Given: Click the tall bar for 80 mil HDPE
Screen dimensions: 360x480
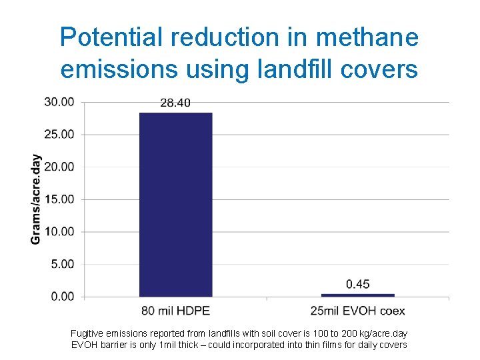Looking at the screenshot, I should (175, 204).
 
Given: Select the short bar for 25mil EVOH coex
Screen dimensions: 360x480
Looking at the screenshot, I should (357, 295).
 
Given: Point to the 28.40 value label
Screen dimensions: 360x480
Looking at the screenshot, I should (176, 103).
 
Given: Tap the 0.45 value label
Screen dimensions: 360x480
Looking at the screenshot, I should (358, 285).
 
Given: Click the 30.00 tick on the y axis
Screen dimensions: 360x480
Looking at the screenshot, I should (60, 102).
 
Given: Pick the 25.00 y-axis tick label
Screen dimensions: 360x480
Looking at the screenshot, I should (60, 135).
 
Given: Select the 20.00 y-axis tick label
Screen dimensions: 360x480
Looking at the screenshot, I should (60, 167).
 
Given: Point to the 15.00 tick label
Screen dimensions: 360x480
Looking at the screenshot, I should (60, 199).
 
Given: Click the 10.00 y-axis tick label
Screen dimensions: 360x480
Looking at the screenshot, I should (60, 231).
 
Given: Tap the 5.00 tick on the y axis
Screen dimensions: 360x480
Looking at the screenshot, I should (63, 264).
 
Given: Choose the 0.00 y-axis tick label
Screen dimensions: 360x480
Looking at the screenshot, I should (63, 296).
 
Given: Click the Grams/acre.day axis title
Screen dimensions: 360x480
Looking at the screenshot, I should (36, 199).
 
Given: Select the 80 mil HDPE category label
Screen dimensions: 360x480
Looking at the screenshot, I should (175, 311).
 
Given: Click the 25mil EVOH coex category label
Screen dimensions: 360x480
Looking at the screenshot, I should (357, 311).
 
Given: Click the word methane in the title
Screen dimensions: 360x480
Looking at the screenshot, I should (367, 37).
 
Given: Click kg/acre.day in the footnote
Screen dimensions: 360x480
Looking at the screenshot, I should (383, 333).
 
